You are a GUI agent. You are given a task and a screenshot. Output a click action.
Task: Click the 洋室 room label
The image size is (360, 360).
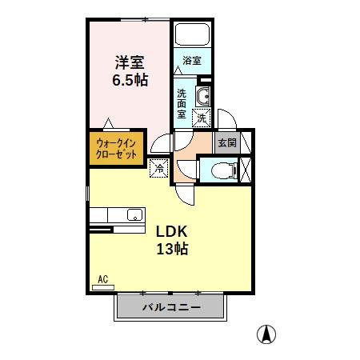[x=129, y=62]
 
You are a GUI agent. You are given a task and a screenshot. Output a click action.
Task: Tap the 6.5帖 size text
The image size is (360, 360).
[x=129, y=80]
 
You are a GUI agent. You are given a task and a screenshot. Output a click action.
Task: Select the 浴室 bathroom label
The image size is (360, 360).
[x=191, y=61]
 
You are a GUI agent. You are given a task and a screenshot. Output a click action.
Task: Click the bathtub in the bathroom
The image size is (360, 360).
[x=191, y=35]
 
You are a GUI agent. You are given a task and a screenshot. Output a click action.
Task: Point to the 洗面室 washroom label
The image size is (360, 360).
[x=182, y=102]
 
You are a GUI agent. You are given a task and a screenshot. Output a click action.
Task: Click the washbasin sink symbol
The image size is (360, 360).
[x=202, y=98]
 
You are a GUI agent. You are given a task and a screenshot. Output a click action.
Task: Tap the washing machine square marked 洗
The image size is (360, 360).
[x=202, y=118]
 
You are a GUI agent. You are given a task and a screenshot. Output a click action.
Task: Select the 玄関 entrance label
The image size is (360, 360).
[x=226, y=143]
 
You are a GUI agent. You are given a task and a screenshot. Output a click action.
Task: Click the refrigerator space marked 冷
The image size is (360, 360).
[x=158, y=168]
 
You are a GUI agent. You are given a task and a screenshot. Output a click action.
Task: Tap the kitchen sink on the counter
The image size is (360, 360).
[x=134, y=214]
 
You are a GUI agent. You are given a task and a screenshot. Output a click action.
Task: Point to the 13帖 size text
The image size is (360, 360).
[x=171, y=249]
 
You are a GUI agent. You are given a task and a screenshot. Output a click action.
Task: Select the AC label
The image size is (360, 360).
[x=102, y=279]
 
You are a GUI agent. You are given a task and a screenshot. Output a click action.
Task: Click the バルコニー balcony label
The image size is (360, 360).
[x=170, y=307]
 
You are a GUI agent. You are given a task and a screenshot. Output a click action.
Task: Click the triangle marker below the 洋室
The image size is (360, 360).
[x=108, y=124]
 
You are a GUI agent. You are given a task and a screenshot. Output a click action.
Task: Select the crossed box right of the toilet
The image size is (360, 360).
[x=245, y=169]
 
